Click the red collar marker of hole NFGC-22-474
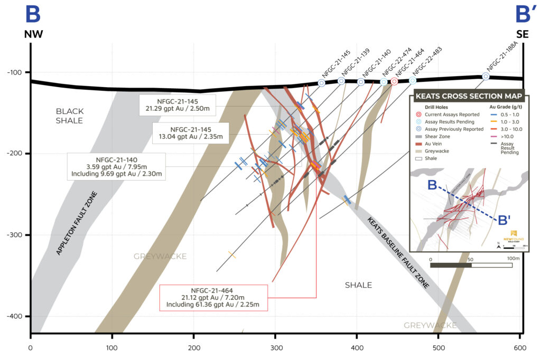coord(394,81)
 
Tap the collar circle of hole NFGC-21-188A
coord(486,77)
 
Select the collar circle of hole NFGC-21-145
coord(321,83)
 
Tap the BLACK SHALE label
coord(69,116)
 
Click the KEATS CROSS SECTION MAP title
coord(468,97)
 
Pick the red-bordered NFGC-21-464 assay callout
coord(214,297)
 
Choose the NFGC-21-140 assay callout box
coord(117,166)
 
